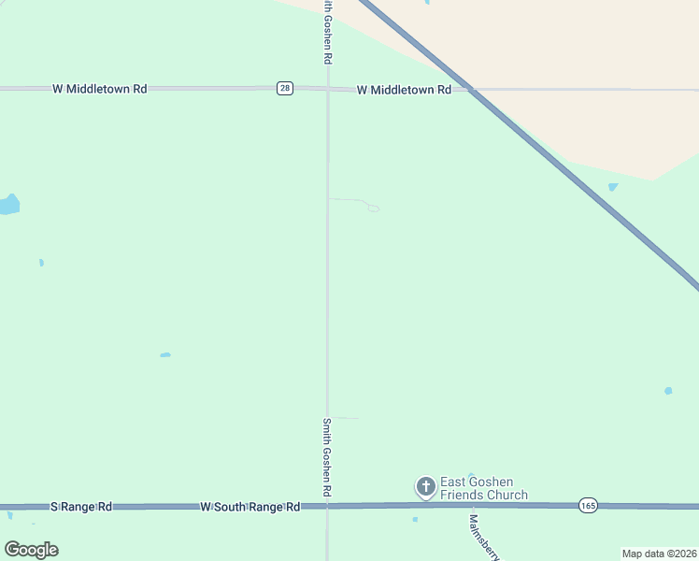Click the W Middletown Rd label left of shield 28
pos(100,89)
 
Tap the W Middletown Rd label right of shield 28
pos(404,90)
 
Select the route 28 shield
pos(285,88)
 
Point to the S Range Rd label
pos(80,506)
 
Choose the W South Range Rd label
pos(250,506)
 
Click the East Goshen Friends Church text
pos(483,488)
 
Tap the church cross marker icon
pos(425,486)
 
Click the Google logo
pos(32,549)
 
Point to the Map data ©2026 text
pos(659,554)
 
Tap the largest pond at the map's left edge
pos(8,204)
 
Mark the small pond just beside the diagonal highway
pos(613,187)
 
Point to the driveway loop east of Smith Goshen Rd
pos(373,208)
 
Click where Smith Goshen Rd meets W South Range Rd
pos(327,506)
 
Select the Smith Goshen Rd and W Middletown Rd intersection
pos(327,89)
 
